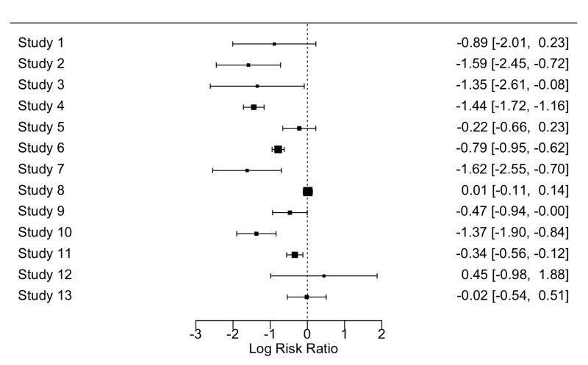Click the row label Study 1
pyautogui.click(x=41, y=43)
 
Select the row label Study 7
pyautogui.click(x=41, y=170)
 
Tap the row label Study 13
pyautogui.click(x=44, y=296)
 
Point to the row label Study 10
pyautogui.click(x=44, y=233)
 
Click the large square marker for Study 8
pyautogui.click(x=308, y=191)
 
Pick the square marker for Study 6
pyautogui.click(x=278, y=149)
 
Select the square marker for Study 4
pyautogui.click(x=254, y=106)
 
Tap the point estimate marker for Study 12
pyautogui.click(x=324, y=275)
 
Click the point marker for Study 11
pyautogui.click(x=295, y=254)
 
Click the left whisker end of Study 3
pyautogui.click(x=210, y=86)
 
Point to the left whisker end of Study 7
pyautogui.click(x=212, y=170)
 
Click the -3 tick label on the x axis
pyautogui.click(x=194, y=334)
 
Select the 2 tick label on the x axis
pyautogui.click(x=381, y=334)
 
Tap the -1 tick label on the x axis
pyautogui.click(x=268, y=334)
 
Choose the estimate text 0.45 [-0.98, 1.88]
pyautogui.click(x=512, y=275)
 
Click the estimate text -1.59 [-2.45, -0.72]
pyautogui.click(x=512, y=65)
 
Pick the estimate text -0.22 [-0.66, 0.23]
pyautogui.click(x=512, y=128)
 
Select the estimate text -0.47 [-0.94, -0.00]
pyautogui.click(x=512, y=212)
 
